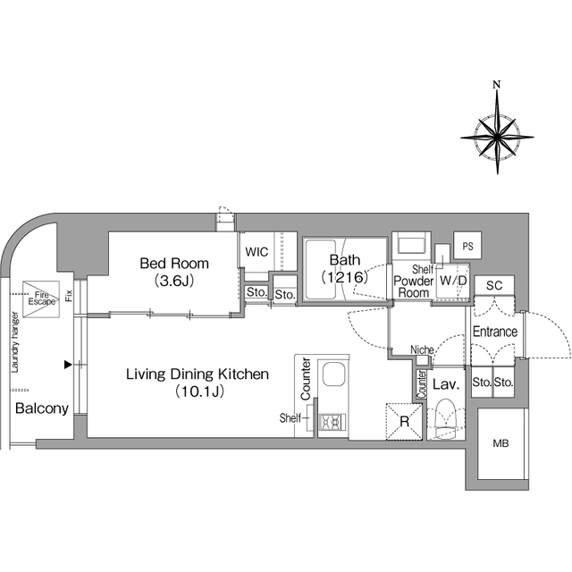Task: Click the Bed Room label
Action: click(174, 264)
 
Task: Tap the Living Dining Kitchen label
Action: click(198, 374)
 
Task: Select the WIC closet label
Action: click(257, 252)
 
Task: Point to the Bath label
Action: click(345, 260)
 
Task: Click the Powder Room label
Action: click(414, 287)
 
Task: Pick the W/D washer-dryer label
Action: click(453, 281)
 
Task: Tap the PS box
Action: click(467, 246)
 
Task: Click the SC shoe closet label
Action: click(494, 285)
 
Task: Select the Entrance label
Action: click(495, 332)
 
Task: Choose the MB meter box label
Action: click(500, 443)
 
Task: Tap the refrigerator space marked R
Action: click(404, 421)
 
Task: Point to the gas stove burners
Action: click(332, 422)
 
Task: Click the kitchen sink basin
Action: click(334, 374)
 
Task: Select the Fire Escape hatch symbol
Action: click(41, 299)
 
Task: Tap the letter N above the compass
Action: click(497, 85)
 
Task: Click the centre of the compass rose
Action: click(497, 138)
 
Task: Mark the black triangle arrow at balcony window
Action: click(68, 364)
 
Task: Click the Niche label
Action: click(422, 349)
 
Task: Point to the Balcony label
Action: click(42, 408)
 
